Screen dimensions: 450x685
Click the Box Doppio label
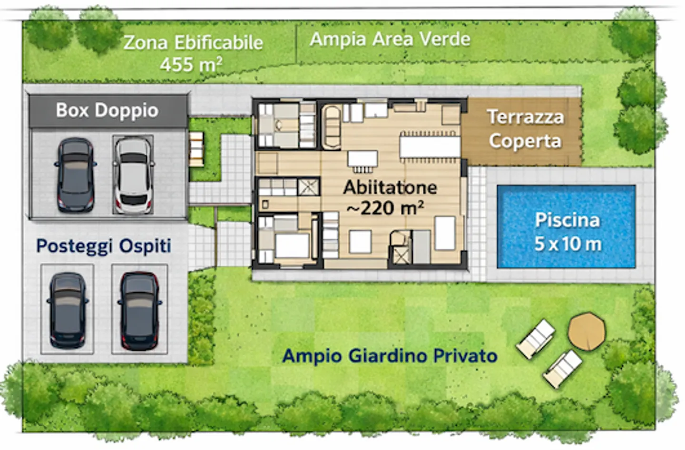[107, 110]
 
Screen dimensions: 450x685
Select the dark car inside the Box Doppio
[76, 175]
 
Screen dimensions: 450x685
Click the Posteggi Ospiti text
[103, 246]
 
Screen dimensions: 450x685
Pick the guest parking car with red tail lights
[139, 311]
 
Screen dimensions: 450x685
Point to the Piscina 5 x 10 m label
[567, 232]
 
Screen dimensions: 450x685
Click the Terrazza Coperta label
[525, 129]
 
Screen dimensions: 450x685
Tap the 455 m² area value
[191, 64]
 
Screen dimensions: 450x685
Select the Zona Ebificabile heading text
[193, 43]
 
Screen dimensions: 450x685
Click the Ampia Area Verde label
[390, 39]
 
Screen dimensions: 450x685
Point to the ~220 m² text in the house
[385, 208]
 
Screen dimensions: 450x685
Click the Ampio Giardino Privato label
[390, 356]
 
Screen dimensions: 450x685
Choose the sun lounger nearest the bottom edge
[563, 368]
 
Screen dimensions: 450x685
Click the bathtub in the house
[332, 126]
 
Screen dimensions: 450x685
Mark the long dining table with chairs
[430, 147]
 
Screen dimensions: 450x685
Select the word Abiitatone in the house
[390, 187]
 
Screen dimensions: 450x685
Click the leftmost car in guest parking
[68, 310]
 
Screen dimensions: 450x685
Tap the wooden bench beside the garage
[196, 148]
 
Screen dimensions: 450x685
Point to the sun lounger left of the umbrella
[536, 339]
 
